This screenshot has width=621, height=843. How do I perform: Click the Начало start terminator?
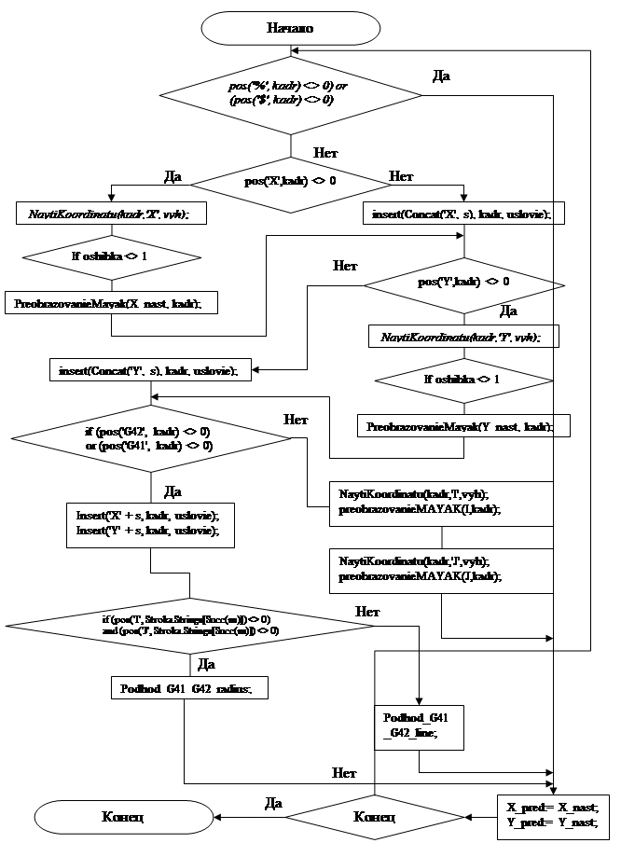click(290, 27)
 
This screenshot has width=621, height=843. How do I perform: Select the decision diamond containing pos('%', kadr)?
click(281, 92)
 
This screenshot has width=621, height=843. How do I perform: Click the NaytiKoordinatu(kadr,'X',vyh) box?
click(110, 214)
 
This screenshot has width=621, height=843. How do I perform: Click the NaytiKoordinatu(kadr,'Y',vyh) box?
click(463, 336)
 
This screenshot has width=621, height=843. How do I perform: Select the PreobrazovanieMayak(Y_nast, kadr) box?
click(463, 425)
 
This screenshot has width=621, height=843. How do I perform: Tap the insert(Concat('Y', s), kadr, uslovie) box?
click(150, 370)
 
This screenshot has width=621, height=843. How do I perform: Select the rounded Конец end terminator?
click(123, 817)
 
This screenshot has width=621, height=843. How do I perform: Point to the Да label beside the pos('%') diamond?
click(443, 75)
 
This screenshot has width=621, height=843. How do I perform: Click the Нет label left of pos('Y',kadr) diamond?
click(346, 266)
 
